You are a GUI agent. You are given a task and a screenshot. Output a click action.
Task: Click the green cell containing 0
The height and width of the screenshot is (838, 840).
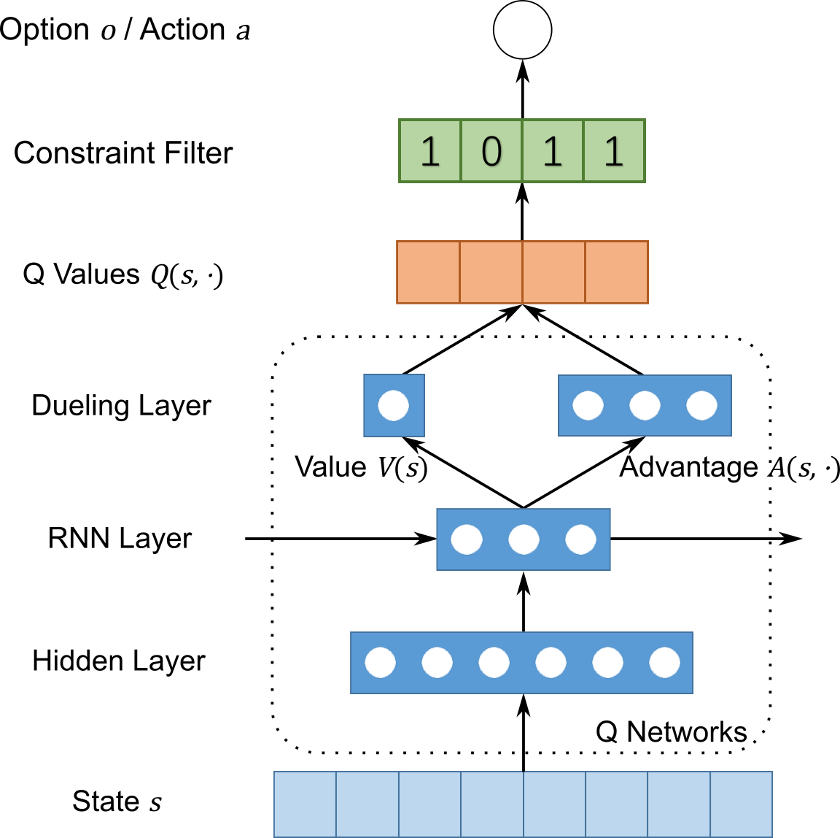click(x=491, y=151)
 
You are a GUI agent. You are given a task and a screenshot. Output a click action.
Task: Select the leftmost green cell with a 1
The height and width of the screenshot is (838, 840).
click(x=430, y=151)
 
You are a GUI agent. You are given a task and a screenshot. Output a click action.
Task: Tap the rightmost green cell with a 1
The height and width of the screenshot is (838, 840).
click(x=614, y=151)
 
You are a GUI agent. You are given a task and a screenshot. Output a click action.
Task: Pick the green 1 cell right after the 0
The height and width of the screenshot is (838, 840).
click(x=553, y=151)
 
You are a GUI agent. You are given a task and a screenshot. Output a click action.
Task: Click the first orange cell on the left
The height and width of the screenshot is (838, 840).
click(x=428, y=272)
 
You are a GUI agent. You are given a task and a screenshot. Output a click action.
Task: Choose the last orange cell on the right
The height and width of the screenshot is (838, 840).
click(x=616, y=272)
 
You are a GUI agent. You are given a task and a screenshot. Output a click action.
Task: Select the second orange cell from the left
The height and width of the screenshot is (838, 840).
click(x=491, y=272)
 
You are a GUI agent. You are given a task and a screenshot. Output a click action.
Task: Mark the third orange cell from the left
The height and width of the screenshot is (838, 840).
click(x=553, y=272)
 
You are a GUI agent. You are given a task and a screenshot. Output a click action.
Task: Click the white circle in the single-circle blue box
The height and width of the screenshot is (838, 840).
click(x=394, y=406)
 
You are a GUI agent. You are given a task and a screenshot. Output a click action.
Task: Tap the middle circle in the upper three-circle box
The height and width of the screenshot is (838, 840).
click(x=645, y=406)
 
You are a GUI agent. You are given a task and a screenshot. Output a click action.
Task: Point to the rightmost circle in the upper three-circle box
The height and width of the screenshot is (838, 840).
click(x=701, y=406)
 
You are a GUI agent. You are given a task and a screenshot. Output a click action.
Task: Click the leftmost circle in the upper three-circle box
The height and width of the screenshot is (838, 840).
click(x=588, y=406)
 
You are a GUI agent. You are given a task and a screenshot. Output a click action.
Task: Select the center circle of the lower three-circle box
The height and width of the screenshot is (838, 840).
click(x=524, y=539)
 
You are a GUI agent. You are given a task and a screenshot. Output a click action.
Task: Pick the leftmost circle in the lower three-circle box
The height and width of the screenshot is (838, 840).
click(x=467, y=539)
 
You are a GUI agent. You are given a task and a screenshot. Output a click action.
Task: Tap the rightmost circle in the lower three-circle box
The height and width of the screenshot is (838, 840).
click(x=580, y=539)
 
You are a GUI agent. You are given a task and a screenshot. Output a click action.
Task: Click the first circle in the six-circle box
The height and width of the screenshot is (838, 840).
click(x=380, y=663)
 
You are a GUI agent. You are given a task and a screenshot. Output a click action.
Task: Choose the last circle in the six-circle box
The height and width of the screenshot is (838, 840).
click(x=664, y=663)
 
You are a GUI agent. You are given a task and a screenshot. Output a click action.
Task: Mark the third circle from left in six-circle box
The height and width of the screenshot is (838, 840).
click(x=494, y=663)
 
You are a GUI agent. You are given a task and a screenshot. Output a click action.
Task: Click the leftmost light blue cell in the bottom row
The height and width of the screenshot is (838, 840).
click(x=305, y=804)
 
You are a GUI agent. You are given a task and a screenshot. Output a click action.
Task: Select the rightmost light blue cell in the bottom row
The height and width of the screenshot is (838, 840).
click(x=741, y=804)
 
